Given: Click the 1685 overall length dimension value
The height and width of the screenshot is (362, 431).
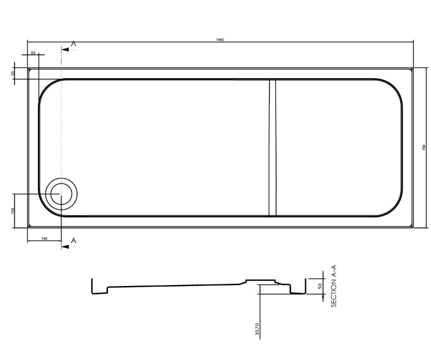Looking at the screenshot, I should pyautogui.click(x=220, y=39).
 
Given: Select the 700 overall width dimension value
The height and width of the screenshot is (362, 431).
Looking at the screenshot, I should pyautogui.click(x=423, y=147).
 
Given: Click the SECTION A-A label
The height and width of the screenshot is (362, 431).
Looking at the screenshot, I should pyautogui.click(x=334, y=286).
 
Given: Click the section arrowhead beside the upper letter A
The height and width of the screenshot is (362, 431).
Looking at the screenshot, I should pyautogui.click(x=65, y=49).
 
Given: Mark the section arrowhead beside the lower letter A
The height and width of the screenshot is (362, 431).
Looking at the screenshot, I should pyautogui.click(x=65, y=246).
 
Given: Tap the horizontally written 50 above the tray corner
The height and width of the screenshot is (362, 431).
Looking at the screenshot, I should pyautogui.click(x=34, y=53).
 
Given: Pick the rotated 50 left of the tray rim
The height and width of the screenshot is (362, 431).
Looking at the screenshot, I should pyautogui.click(x=12, y=73).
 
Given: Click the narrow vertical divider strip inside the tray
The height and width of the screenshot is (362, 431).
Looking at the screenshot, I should pyautogui.click(x=272, y=147).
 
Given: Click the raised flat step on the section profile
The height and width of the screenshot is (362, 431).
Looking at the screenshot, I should pyautogui.click(x=262, y=280).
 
